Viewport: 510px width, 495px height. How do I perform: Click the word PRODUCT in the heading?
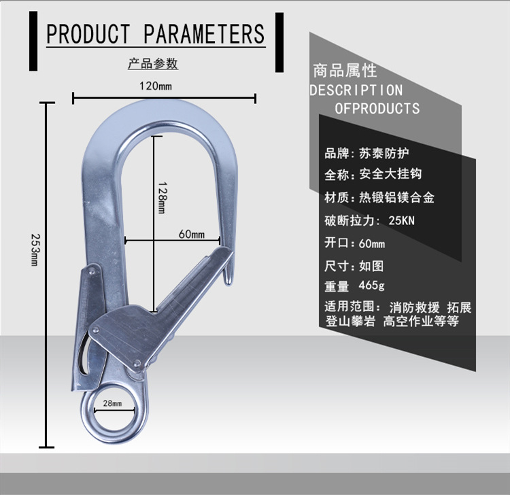pyautogui.click(x=88, y=33)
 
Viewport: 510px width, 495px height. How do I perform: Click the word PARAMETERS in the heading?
pyautogui.click(x=205, y=33)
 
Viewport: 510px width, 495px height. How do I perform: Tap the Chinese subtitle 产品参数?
pyautogui.click(x=153, y=64)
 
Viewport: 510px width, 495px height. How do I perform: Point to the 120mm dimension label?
pyautogui.click(x=156, y=86)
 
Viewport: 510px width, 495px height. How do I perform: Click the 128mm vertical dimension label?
pyautogui.click(x=161, y=197)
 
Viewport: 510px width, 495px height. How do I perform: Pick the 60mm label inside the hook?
pyautogui.click(x=191, y=234)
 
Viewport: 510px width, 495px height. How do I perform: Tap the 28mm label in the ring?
pyautogui.click(x=112, y=404)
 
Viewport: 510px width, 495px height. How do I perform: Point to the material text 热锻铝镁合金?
pyautogui.click(x=396, y=198)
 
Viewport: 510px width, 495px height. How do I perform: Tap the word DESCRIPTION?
pyautogui.click(x=356, y=90)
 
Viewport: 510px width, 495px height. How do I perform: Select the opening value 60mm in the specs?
pyautogui.click(x=371, y=243)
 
